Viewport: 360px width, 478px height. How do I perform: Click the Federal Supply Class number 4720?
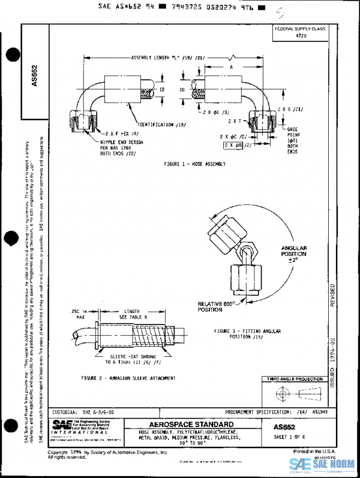click(x=301, y=36)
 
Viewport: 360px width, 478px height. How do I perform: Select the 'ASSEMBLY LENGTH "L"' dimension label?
click(x=169, y=58)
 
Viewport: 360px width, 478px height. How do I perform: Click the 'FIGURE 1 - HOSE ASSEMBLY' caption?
click(x=194, y=163)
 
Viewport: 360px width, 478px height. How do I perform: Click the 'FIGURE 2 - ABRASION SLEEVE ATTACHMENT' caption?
click(x=128, y=378)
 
